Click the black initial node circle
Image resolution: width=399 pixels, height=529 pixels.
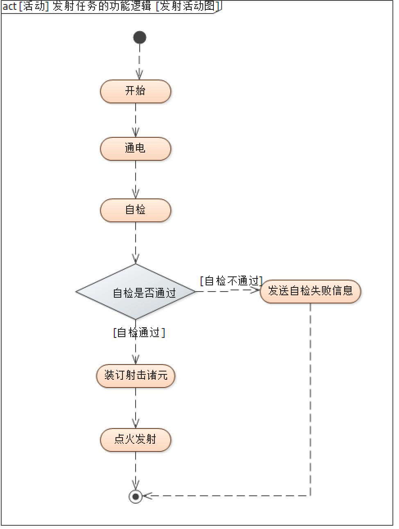pyautogui.click(x=140, y=37)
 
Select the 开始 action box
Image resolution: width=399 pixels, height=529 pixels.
pyautogui.click(x=135, y=91)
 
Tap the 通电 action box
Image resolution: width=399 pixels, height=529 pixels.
pyautogui.click(x=135, y=148)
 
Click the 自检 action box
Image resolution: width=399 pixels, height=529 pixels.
pyautogui.click(x=135, y=210)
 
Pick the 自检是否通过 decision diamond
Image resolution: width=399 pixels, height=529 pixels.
pyautogui.click(x=136, y=292)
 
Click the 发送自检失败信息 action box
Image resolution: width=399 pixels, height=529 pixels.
pyautogui.click(x=310, y=291)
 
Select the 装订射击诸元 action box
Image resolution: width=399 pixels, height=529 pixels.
pyautogui.click(x=136, y=376)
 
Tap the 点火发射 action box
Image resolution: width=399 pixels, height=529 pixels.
pyautogui.click(x=135, y=440)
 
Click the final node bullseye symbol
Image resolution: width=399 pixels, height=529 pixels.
pyautogui.click(x=136, y=496)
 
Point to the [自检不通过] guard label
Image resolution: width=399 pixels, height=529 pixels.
pyautogui.click(x=231, y=281)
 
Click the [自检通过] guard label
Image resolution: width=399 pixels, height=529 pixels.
pyautogui.click(x=139, y=333)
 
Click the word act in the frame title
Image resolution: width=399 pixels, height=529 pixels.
pyautogui.click(x=9, y=7)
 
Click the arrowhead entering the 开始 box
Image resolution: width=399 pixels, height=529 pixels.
pyautogui.click(x=139, y=75)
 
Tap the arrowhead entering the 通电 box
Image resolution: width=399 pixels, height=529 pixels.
pyautogui.click(x=136, y=132)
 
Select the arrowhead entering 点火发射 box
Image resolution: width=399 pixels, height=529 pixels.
pyautogui.click(x=136, y=424)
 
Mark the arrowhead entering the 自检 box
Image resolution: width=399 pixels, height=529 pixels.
pyautogui.click(x=136, y=194)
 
